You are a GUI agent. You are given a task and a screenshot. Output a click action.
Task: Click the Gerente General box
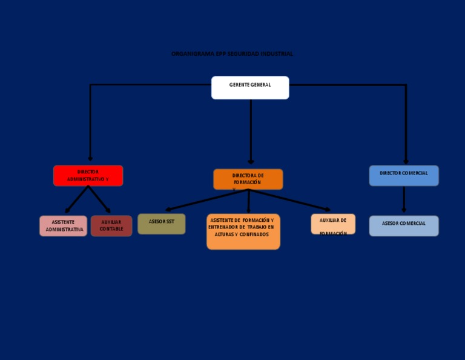(250, 88)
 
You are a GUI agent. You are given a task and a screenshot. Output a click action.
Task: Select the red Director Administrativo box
(88, 176)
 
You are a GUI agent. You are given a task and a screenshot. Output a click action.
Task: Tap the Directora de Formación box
(248, 179)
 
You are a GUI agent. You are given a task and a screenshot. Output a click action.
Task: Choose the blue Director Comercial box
(404, 176)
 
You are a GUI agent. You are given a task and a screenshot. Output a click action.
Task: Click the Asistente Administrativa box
(64, 226)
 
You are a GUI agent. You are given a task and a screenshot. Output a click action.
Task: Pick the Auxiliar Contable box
(111, 226)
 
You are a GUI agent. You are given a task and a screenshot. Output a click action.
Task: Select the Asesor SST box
(162, 224)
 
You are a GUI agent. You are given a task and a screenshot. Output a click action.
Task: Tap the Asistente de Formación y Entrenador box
(243, 232)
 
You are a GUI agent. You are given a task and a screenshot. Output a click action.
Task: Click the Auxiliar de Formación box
(333, 224)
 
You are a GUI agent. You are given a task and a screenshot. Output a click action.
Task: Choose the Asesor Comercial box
(404, 226)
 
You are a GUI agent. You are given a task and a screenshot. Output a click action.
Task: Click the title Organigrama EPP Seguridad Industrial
(232, 54)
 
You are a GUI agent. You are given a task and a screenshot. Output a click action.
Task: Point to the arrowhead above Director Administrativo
(90, 159)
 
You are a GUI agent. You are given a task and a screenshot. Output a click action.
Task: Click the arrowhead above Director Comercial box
(406, 161)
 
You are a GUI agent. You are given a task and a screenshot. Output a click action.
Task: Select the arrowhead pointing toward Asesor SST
(169, 210)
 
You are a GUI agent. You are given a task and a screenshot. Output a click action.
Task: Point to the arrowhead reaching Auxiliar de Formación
(327, 210)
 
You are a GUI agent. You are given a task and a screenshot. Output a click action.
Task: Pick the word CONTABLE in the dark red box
(111, 229)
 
